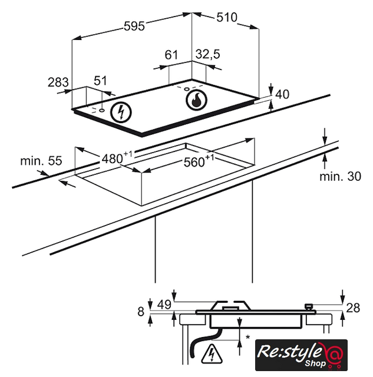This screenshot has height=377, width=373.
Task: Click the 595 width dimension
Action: pyautogui.click(x=134, y=26)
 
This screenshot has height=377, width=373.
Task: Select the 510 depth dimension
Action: pyautogui.click(x=227, y=17)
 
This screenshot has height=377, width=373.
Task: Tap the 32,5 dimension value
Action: pyautogui.click(x=207, y=54)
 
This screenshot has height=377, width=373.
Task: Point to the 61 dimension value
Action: pyautogui.click(x=171, y=55)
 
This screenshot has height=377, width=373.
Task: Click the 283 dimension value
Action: pyautogui.click(x=58, y=82)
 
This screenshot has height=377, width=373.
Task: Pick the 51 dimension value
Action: pyautogui.click(x=100, y=81)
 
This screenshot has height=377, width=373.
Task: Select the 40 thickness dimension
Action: pyautogui.click(x=282, y=94)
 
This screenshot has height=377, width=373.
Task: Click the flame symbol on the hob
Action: pyautogui.click(x=196, y=100)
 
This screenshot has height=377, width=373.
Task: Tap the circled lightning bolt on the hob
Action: pyautogui.click(x=121, y=113)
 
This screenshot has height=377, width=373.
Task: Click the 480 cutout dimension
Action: pyautogui.click(x=117, y=158)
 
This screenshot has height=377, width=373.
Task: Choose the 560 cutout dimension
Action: pyautogui.click(x=199, y=161)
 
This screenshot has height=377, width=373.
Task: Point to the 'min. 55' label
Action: pyautogui.click(x=41, y=161)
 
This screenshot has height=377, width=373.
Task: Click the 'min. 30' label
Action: pyautogui.click(x=340, y=176)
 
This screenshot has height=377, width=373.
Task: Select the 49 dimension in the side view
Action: pyautogui.click(x=164, y=305)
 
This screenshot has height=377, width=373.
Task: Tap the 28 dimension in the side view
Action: pyautogui.click(x=353, y=308)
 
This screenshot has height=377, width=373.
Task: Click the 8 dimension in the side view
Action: pyautogui.click(x=141, y=312)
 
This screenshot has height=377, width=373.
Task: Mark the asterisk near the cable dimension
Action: pyautogui.click(x=247, y=337)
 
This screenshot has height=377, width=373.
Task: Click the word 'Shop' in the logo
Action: pyautogui.click(x=315, y=363)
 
